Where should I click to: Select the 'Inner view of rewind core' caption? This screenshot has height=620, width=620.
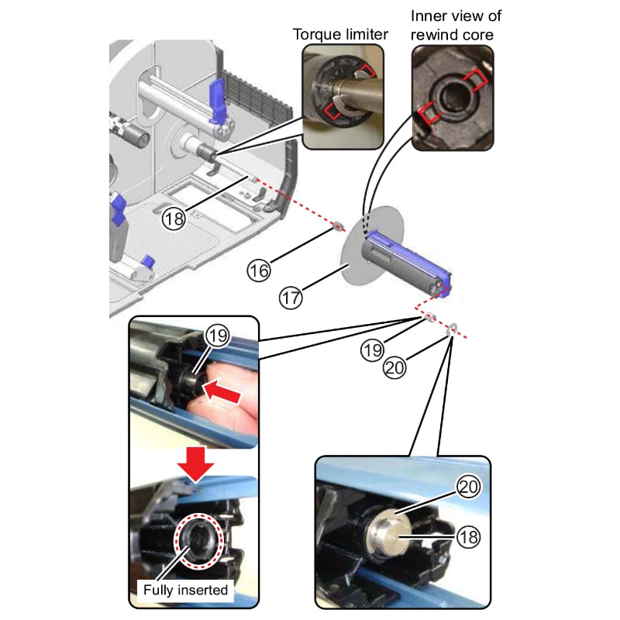(451, 25)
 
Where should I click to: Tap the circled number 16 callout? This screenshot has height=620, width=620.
(259, 270)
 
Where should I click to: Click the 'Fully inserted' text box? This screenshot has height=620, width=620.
(186, 590)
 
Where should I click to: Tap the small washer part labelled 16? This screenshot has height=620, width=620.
(338, 226)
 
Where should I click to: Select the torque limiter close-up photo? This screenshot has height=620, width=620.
(342, 96)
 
